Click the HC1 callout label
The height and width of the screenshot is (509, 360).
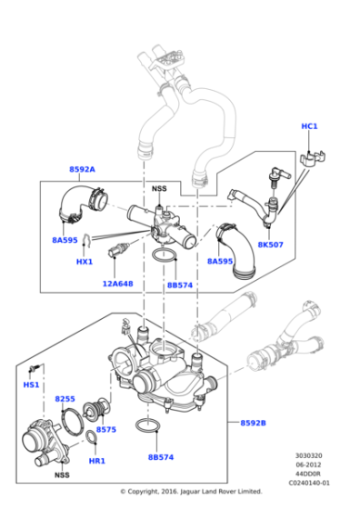309,126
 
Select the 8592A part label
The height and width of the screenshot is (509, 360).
82,170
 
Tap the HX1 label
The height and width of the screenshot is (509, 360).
84,262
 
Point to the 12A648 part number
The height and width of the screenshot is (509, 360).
117,284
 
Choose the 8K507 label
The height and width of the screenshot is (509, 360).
270,245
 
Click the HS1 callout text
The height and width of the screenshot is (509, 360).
32,385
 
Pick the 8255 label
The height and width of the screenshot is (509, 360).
65,399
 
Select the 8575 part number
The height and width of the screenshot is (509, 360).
105,429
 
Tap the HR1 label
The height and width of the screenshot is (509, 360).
98,461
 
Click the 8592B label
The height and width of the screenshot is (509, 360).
254,424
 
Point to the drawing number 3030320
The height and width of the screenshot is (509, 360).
308,457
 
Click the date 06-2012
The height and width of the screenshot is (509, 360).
308,465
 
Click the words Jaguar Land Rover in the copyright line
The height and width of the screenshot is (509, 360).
217,492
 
